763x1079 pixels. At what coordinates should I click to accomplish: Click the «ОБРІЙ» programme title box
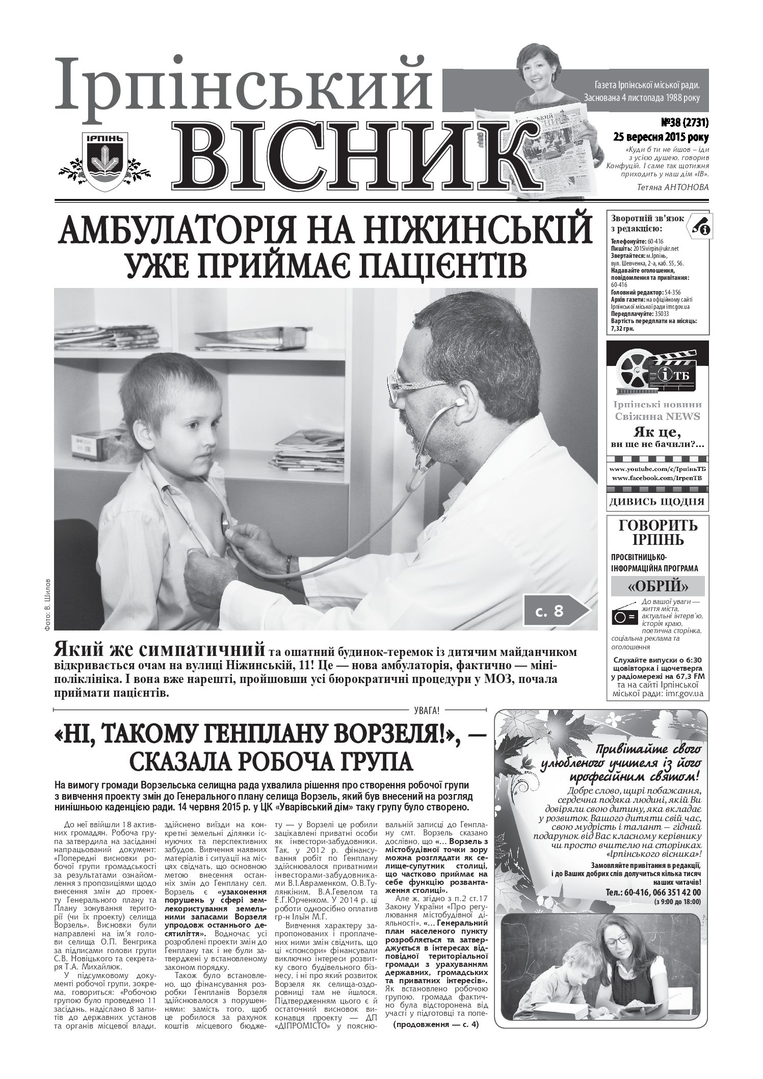tap(657, 586)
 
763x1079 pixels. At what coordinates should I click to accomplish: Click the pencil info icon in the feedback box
tap(699, 226)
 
